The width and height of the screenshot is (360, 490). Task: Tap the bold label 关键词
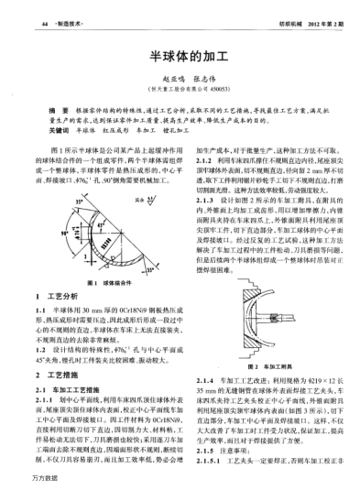coord(58,132)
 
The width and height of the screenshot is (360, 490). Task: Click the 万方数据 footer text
coord(20,479)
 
